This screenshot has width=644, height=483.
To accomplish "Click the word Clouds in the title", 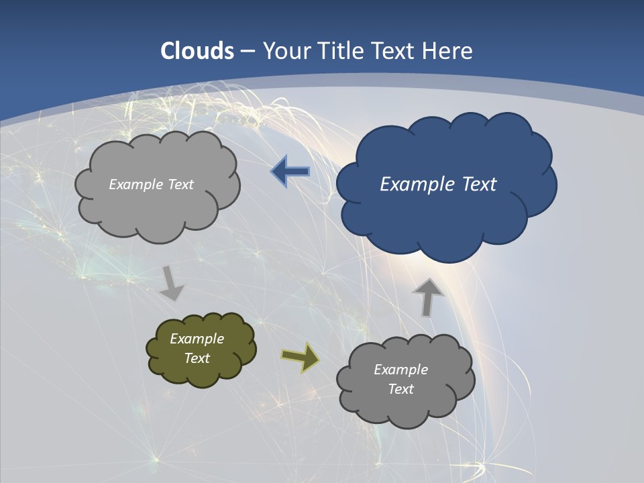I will pyautogui.click(x=197, y=51).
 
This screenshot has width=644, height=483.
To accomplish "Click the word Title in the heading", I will pyautogui.click(x=340, y=51).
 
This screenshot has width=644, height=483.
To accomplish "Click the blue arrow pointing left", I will pyautogui.click(x=290, y=172).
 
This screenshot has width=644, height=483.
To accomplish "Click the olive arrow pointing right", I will pyautogui.click(x=301, y=356).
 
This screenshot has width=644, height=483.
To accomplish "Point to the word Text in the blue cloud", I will pyautogui.click(x=478, y=184).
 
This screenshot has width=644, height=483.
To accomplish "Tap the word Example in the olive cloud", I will pyautogui.click(x=197, y=339).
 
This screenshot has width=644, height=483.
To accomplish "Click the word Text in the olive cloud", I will pyautogui.click(x=197, y=358).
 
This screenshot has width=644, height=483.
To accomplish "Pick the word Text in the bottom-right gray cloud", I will pyautogui.click(x=400, y=389).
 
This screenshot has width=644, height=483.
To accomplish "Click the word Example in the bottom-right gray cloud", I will pyautogui.click(x=400, y=370).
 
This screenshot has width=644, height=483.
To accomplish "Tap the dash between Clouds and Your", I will pyautogui.click(x=247, y=51).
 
